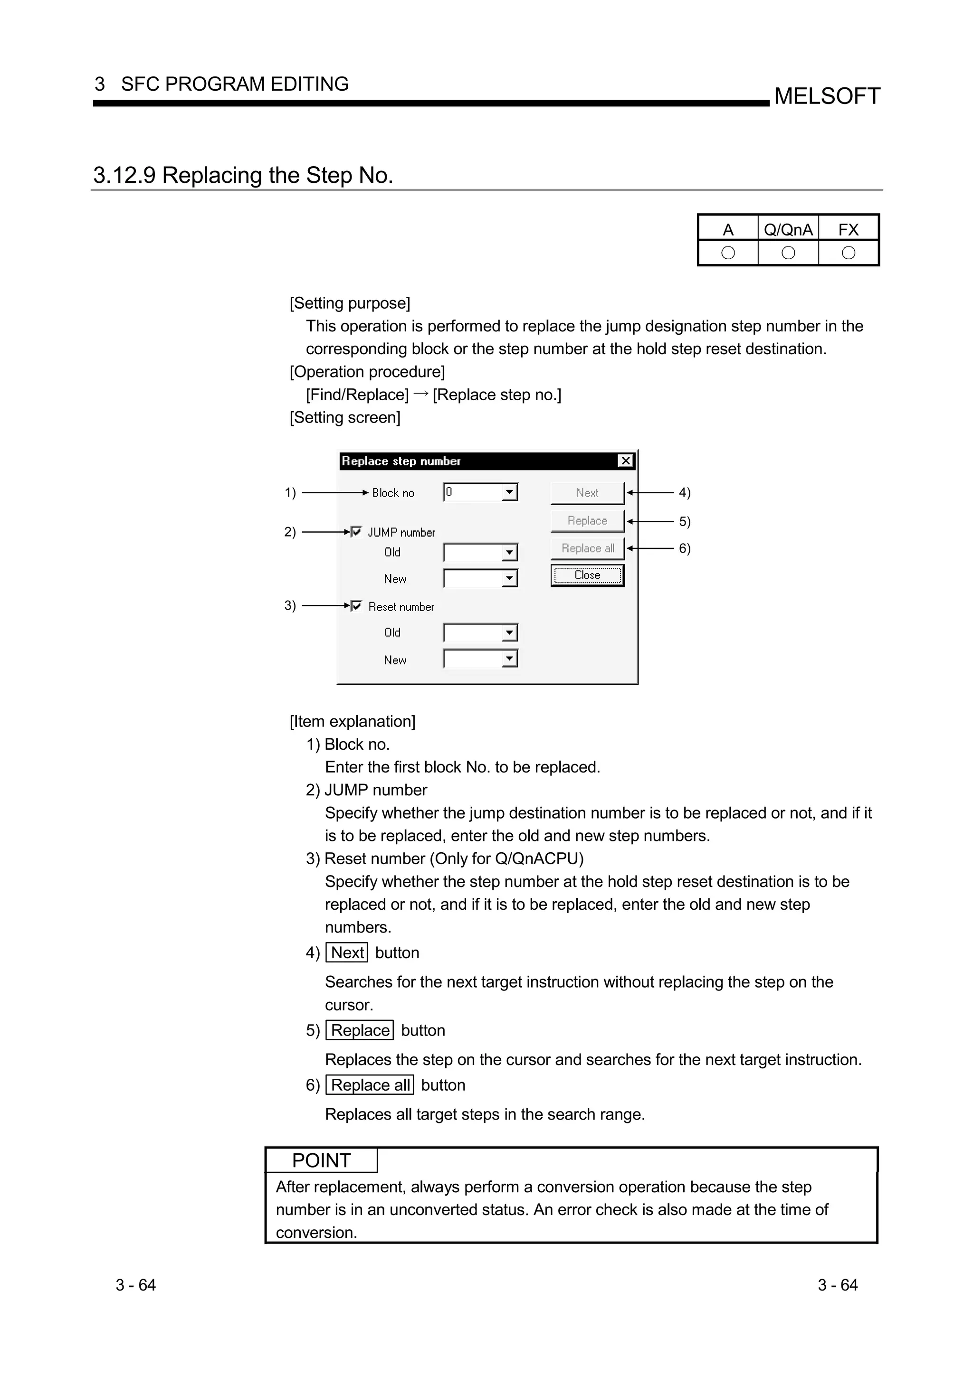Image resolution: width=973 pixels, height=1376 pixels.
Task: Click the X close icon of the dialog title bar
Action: [x=625, y=461]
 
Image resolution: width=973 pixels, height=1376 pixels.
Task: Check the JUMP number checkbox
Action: [x=357, y=532]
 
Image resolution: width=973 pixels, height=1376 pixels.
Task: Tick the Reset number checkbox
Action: [x=357, y=606]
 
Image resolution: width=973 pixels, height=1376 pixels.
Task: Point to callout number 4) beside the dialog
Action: [x=685, y=493]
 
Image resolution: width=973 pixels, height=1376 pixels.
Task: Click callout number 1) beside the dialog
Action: [x=290, y=493]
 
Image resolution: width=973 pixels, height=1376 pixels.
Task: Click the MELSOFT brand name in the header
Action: [x=827, y=96]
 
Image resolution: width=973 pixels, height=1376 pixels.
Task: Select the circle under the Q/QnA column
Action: [x=788, y=253]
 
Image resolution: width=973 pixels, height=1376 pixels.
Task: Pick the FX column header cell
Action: [x=849, y=229]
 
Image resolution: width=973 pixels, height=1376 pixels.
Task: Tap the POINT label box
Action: [x=321, y=1161]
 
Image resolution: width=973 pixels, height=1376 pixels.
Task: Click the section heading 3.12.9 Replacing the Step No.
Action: [x=243, y=175]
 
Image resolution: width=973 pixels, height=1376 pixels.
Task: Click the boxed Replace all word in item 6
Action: [x=370, y=1085]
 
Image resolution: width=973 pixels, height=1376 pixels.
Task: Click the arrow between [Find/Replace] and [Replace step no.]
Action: [x=421, y=394]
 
